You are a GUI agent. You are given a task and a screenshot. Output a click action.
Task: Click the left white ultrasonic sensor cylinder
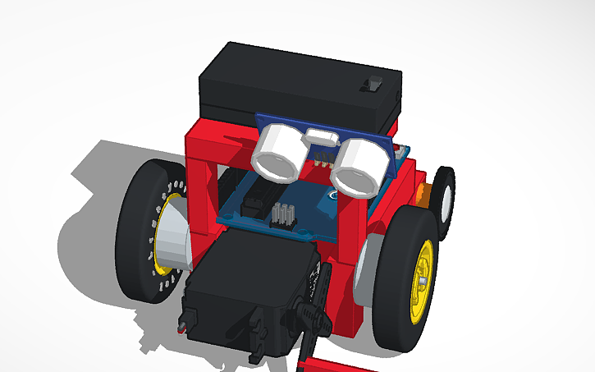tap(277, 154)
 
